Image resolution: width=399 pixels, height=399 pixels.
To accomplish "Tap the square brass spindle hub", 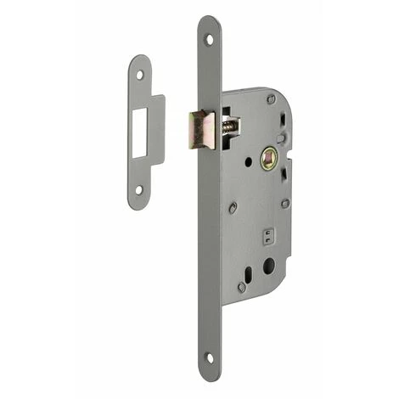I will point(269,158).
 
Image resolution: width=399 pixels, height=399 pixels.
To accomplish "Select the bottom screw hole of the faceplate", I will point(210,357).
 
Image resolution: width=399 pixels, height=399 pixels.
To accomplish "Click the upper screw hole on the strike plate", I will point(140,75).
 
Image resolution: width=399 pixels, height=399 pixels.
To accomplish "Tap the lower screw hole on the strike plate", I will point(139,190).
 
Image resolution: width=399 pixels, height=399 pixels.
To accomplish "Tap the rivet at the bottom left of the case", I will point(242,288).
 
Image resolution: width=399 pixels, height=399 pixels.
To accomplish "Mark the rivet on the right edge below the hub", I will point(285,203).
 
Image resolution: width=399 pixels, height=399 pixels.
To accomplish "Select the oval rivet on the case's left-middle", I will point(232,206).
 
